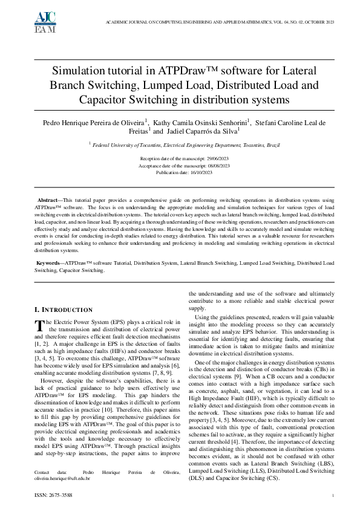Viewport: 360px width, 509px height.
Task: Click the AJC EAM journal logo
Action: [28, 21]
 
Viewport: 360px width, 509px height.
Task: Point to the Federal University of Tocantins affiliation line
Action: [180, 144]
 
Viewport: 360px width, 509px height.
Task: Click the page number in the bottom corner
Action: [333, 495]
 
